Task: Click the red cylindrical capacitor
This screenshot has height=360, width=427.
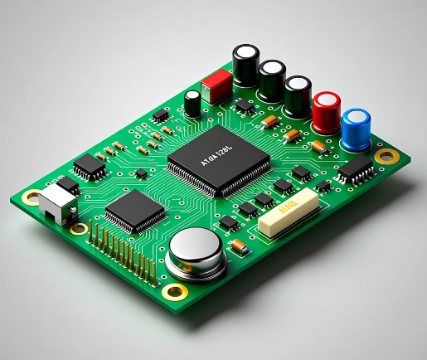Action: click(327, 112)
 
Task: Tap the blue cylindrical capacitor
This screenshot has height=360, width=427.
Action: click(357, 129)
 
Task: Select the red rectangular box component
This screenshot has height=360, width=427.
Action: click(216, 85)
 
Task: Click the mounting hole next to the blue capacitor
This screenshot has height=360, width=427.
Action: click(386, 155)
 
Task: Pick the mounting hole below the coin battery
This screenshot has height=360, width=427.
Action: click(175, 290)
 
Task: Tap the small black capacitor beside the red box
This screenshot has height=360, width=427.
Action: click(192, 104)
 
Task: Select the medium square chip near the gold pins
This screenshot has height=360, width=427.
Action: click(135, 210)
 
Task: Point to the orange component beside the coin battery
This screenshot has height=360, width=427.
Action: click(239, 246)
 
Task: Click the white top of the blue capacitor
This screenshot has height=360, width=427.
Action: click(357, 116)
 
